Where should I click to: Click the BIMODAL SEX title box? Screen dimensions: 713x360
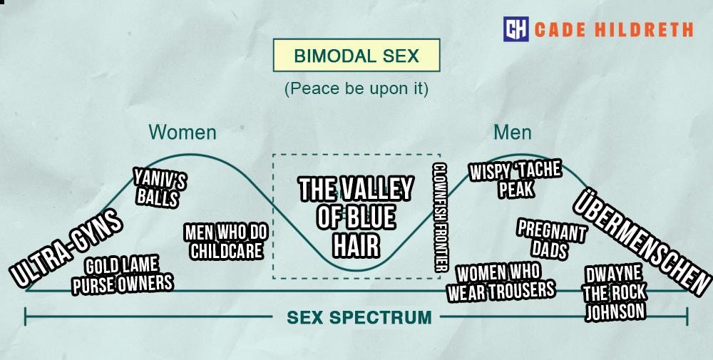tap(356, 55)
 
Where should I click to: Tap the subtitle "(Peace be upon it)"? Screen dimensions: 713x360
tap(356, 89)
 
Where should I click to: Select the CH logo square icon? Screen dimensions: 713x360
tap(515, 29)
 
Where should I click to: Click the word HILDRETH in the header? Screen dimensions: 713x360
tap(650, 29)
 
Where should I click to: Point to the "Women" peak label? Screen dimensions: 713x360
tap(182, 133)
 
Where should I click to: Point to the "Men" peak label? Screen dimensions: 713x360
tap(512, 133)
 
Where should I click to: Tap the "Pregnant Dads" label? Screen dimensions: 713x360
tap(550, 240)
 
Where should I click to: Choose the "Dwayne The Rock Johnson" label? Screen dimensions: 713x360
tap(614, 293)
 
